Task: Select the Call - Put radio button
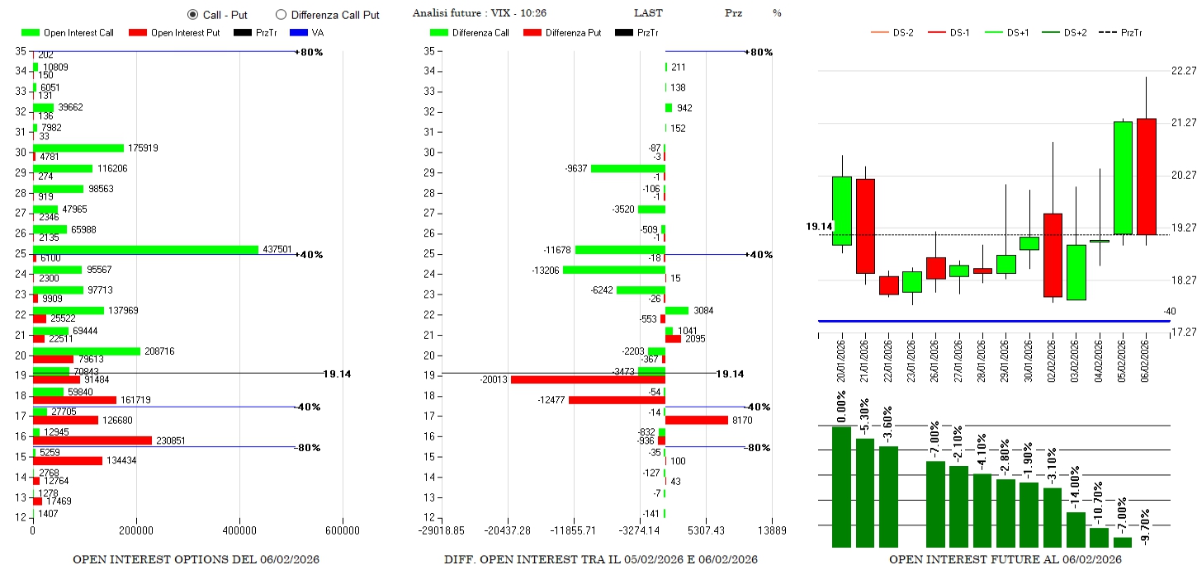click(x=192, y=14)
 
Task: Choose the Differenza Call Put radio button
click(x=281, y=14)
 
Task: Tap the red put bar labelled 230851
click(x=92, y=440)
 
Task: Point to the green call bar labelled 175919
click(x=78, y=148)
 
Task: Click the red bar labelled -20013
click(x=588, y=379)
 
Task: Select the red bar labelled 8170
click(x=696, y=420)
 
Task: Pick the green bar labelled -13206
click(x=613, y=270)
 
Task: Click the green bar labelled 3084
click(x=676, y=310)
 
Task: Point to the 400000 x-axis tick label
click(x=239, y=530)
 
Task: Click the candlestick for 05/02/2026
click(x=1123, y=178)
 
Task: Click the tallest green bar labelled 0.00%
click(x=841, y=487)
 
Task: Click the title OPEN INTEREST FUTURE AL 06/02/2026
click(x=1005, y=559)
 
